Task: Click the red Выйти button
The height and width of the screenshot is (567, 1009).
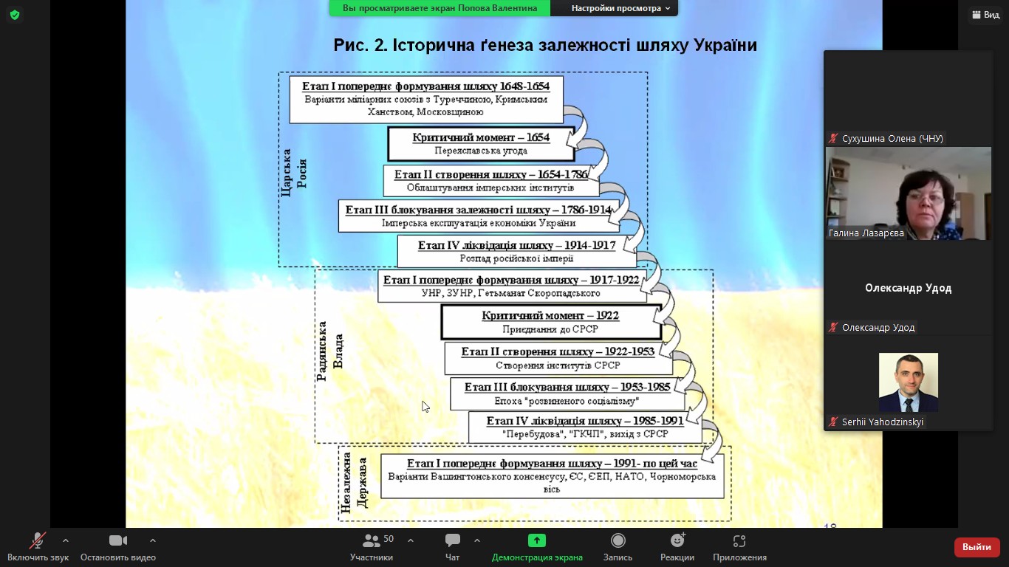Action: [x=976, y=547]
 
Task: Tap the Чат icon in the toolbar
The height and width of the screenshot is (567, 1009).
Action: [x=453, y=541]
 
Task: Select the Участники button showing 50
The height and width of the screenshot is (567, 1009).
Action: [x=372, y=541]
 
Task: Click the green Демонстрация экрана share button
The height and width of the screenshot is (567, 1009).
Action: [x=537, y=541]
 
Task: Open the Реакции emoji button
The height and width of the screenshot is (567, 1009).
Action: [x=677, y=541]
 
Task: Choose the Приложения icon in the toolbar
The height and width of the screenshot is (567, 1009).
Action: [x=739, y=541]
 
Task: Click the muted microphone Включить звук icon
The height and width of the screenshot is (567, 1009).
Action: [x=37, y=541]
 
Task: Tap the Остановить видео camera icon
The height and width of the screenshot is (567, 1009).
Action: [x=118, y=541]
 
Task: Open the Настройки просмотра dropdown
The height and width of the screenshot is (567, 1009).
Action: [x=620, y=8]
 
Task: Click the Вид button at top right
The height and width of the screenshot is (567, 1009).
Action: [x=986, y=15]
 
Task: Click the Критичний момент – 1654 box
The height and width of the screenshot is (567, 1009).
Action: [x=481, y=144]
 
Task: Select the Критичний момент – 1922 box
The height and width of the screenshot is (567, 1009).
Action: [x=550, y=322]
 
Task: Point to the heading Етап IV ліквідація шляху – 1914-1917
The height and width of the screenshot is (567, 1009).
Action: [x=516, y=246]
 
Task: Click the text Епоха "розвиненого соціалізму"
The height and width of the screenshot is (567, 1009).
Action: [x=567, y=401]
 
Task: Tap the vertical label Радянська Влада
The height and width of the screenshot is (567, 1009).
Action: [x=330, y=351]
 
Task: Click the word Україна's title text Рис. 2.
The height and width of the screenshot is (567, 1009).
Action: [x=360, y=45]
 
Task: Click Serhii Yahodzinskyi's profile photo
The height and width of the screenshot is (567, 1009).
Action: [x=908, y=382]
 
